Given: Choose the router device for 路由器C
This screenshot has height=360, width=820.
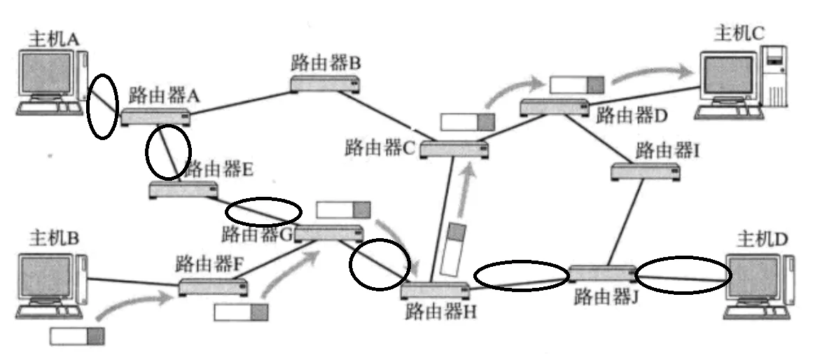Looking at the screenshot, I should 454,149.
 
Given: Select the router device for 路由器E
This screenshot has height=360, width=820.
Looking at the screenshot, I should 183,189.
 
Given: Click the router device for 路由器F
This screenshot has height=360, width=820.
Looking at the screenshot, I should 213,286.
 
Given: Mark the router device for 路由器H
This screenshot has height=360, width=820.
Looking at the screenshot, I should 436,291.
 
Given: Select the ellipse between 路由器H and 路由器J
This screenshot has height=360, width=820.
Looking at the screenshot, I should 522,275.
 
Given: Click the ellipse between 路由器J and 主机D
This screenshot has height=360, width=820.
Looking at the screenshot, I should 683,274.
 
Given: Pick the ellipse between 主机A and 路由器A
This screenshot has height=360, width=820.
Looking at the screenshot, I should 102,106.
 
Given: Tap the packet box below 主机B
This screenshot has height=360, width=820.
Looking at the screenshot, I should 77,336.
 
